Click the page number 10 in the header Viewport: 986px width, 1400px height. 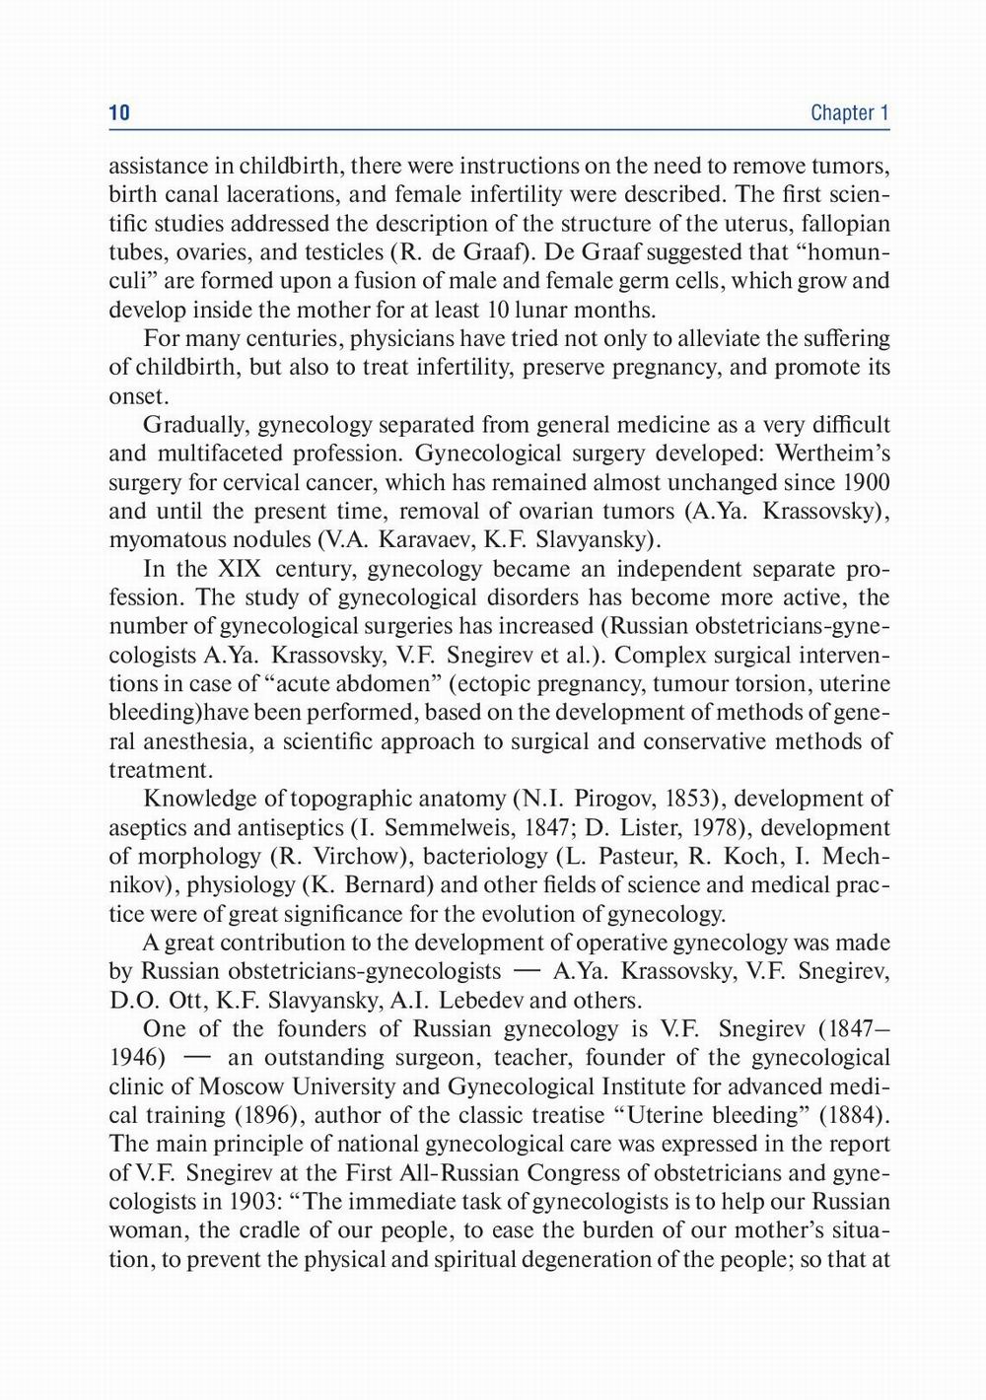coord(119,113)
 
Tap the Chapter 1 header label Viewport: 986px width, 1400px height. coord(850,113)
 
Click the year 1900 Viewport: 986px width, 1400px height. coord(868,483)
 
